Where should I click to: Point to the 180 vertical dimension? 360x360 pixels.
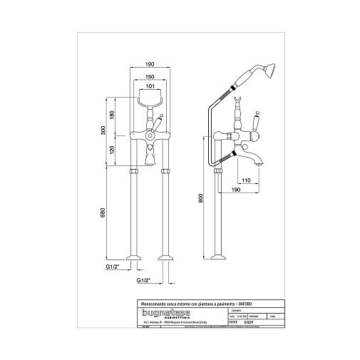pyautogui.click(x=112, y=115)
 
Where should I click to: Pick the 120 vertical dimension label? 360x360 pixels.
pyautogui.click(x=112, y=150)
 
